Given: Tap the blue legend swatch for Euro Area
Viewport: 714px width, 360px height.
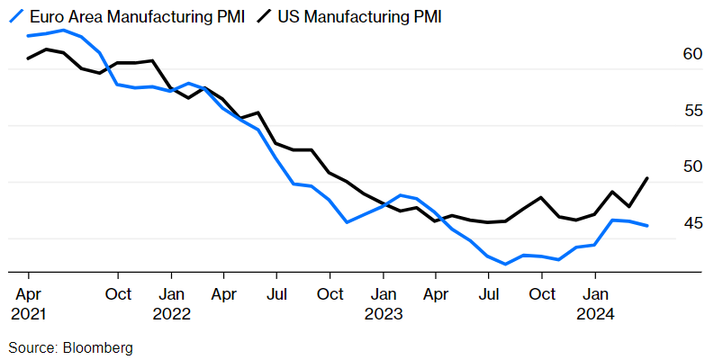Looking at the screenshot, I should coord(15,16).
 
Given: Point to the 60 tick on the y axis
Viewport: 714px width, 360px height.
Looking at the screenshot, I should coord(691,55).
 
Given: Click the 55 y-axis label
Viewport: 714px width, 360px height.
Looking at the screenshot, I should coord(691,111).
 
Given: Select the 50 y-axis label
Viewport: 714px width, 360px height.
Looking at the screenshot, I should coord(691,166).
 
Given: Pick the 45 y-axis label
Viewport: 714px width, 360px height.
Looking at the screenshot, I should coord(691,223).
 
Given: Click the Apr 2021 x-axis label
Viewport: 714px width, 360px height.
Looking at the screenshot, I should coord(29,303).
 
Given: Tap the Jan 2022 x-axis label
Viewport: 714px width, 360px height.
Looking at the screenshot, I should coord(170,303).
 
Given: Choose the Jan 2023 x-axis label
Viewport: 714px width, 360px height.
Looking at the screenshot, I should coord(383,303).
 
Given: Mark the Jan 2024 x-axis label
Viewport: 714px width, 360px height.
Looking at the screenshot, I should coord(594,303).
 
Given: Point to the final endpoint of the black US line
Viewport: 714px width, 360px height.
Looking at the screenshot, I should coord(647,178).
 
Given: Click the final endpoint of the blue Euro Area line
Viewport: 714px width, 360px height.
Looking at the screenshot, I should coord(647,226).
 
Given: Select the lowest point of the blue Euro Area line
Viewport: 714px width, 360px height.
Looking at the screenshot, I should coord(506,265).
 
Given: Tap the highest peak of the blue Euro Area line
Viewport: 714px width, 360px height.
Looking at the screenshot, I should coord(63,31).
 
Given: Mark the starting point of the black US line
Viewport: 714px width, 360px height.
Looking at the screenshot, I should coord(29,58).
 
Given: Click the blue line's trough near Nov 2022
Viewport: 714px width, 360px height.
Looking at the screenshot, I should coord(348,221).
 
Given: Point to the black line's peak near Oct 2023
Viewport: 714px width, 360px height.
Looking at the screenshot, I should coord(541,197).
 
